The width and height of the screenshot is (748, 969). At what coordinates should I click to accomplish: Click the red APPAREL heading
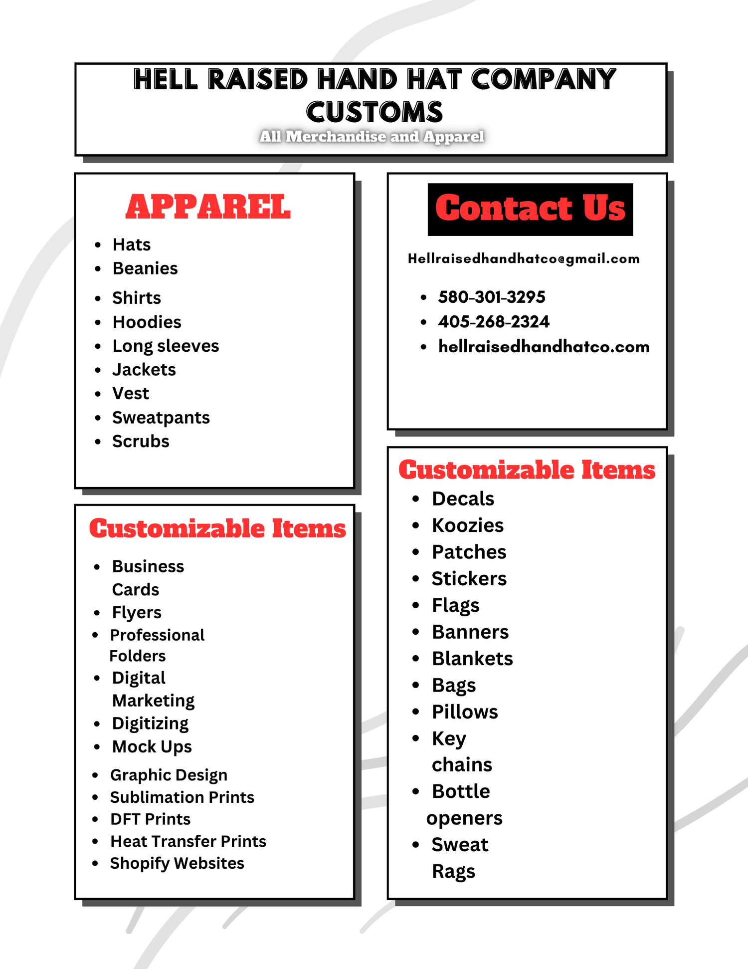(x=208, y=207)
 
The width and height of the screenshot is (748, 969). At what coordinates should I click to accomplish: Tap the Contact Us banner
(x=530, y=209)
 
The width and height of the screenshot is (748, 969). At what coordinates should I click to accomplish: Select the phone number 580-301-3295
(x=492, y=297)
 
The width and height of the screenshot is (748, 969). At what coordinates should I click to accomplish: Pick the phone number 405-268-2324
(x=494, y=322)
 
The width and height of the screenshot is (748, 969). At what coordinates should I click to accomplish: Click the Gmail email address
(x=524, y=259)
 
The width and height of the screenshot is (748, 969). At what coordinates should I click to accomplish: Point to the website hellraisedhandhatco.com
(x=544, y=347)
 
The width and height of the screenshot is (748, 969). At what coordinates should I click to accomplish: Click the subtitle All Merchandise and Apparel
(x=372, y=137)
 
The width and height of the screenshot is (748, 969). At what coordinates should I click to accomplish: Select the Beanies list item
(x=145, y=268)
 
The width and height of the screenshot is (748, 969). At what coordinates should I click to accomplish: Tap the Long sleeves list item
(x=166, y=346)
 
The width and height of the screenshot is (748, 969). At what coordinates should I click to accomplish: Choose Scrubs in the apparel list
(x=141, y=442)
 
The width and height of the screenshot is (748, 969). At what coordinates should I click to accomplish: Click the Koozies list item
(x=468, y=525)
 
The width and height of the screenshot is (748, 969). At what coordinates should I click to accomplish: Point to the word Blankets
(x=472, y=659)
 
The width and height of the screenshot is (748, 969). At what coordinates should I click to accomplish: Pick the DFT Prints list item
(x=150, y=819)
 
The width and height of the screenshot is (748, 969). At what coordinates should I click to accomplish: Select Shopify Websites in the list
(x=177, y=863)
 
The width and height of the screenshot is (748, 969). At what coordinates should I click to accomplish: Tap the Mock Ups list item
(x=152, y=747)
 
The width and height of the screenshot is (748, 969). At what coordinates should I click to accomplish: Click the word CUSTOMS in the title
(x=374, y=112)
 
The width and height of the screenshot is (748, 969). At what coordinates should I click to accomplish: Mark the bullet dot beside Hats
(x=98, y=245)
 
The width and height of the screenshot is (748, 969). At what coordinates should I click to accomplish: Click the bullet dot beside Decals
(x=416, y=498)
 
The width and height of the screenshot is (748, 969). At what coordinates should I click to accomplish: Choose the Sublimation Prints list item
(x=182, y=797)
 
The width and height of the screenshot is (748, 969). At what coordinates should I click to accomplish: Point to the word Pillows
(x=465, y=712)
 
